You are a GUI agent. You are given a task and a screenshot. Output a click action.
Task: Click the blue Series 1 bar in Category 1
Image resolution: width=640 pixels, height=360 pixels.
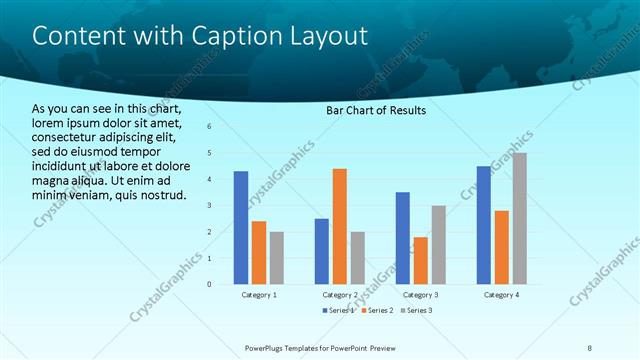coord(241,227)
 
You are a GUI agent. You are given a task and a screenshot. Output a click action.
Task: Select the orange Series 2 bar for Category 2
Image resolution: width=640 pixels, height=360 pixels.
coord(339,226)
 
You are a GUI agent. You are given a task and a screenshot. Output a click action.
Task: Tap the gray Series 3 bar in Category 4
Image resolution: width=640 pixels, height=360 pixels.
coord(519,218)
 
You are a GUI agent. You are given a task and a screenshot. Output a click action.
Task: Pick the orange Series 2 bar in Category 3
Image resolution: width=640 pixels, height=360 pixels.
coord(420,260)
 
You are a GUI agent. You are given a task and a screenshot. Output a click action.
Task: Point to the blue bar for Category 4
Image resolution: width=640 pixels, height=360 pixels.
coord(484,224)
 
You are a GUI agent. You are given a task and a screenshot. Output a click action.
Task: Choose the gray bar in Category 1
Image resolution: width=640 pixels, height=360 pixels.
coord(276,257)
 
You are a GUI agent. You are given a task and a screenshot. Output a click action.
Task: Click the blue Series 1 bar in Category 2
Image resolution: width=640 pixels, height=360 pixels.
coord(322,251)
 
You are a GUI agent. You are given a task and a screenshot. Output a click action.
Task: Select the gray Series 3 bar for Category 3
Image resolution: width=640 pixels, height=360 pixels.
coord(438,244)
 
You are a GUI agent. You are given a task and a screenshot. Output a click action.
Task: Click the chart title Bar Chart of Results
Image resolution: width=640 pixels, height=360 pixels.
coord(376,110)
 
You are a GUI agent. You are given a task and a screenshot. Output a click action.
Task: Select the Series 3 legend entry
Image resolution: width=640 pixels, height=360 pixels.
coord(415,311)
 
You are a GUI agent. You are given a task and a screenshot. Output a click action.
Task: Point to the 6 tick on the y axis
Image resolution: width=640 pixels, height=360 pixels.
coord(209,127)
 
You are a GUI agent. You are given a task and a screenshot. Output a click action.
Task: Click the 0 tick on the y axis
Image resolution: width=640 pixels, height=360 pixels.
coord(209,284)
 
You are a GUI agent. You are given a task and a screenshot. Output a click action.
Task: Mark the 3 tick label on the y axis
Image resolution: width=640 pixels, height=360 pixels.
coord(209,205)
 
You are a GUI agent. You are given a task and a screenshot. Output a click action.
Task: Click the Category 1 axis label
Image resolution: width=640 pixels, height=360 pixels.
coord(259,296)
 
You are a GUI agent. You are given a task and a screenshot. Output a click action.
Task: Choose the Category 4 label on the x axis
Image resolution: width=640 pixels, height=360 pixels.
coord(501,296)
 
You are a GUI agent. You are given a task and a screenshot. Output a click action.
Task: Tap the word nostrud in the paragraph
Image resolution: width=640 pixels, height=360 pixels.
coord(161,194)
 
